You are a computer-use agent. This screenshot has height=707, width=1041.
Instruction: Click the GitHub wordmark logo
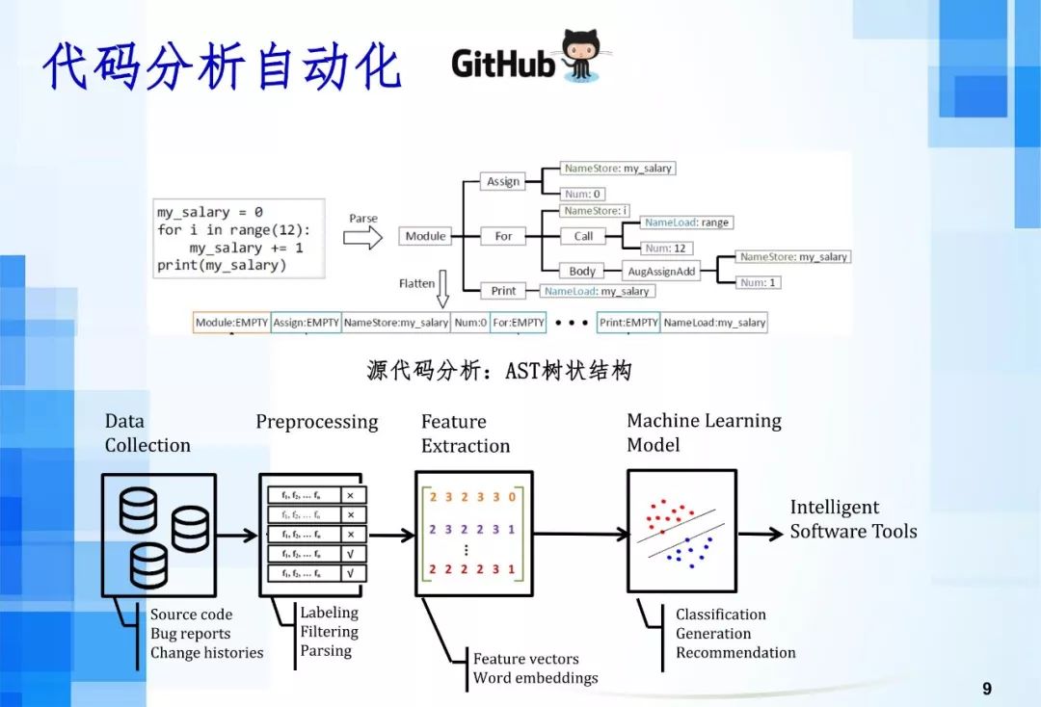[x=503, y=64]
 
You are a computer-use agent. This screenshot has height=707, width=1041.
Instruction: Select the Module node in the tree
[x=425, y=236]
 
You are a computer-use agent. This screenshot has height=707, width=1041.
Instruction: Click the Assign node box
[x=503, y=181]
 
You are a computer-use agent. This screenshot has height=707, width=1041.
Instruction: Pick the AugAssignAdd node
[x=661, y=272]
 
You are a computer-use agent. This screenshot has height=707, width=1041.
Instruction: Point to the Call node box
[x=583, y=236]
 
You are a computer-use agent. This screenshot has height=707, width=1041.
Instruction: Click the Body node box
[x=582, y=272]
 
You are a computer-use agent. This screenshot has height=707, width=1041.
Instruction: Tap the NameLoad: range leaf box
[x=688, y=223]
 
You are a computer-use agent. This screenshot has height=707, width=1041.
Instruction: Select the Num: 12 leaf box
[x=665, y=249]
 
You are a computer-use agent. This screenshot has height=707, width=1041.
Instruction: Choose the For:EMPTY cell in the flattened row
[x=518, y=323]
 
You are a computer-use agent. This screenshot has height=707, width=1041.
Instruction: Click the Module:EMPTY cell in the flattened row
[x=231, y=323]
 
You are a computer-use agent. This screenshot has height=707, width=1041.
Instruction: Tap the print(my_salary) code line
[x=222, y=265]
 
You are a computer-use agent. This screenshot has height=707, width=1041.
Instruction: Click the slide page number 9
[x=987, y=689]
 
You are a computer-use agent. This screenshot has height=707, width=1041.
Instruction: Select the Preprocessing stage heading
[x=316, y=422]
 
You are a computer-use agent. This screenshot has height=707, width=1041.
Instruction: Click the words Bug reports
[x=190, y=634]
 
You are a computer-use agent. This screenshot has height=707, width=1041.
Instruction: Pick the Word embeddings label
[x=535, y=677]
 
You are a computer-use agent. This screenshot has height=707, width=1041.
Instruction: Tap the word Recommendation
[x=735, y=652]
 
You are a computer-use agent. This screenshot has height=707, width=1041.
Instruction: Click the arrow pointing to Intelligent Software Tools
[x=761, y=534]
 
